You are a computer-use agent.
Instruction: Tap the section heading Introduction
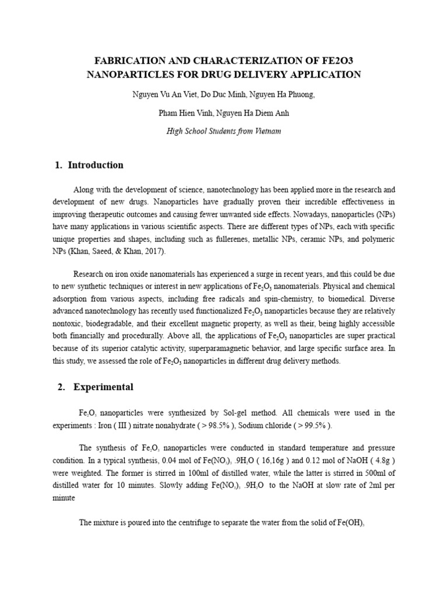[x=96, y=165]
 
